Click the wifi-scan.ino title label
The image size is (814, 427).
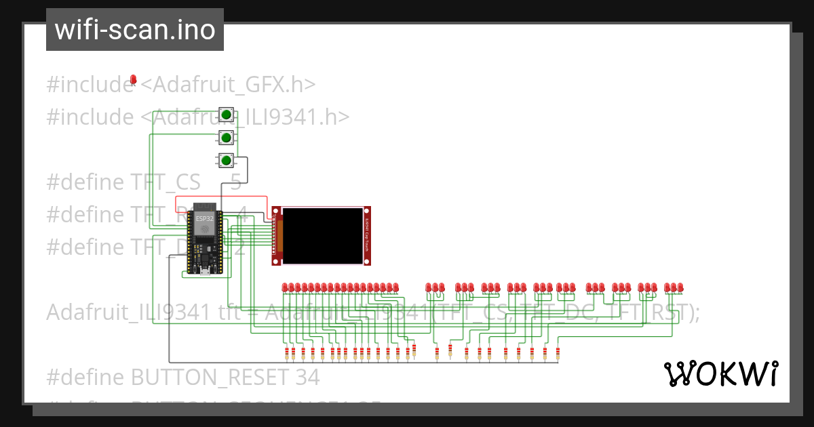(x=135, y=30)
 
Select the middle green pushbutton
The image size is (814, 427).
(x=227, y=138)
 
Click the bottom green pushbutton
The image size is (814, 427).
(x=227, y=161)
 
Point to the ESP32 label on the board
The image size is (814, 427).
(x=203, y=219)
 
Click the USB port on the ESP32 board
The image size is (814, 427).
(x=203, y=272)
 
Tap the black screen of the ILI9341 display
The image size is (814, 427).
(x=322, y=235)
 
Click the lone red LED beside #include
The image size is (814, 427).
(x=134, y=80)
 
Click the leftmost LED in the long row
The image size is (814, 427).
(x=286, y=287)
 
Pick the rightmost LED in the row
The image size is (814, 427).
(x=680, y=287)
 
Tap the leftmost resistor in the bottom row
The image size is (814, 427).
(x=287, y=352)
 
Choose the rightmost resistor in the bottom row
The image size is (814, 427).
(x=558, y=352)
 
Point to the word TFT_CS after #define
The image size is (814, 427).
(x=166, y=182)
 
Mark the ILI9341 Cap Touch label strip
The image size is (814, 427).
(x=367, y=235)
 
